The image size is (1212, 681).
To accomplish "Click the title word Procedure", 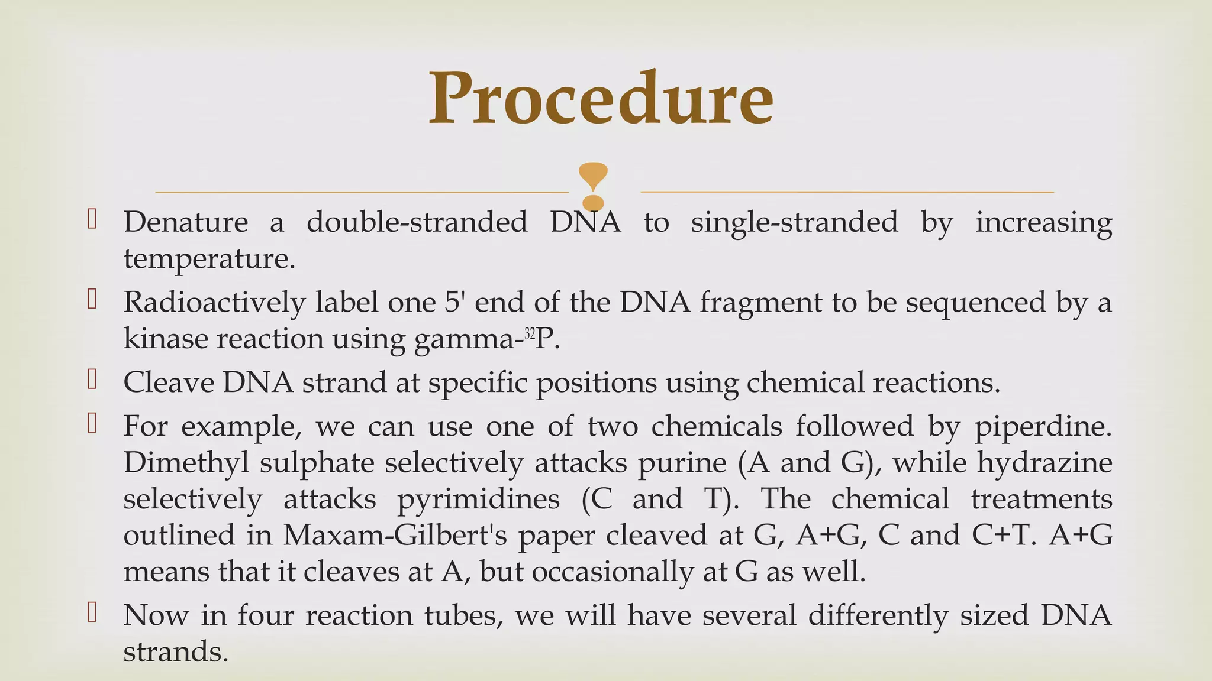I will [x=601, y=98].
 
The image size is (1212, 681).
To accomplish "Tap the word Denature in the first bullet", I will [x=185, y=222].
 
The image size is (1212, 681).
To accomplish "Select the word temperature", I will [x=208, y=258].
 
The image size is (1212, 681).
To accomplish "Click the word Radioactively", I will [x=214, y=302].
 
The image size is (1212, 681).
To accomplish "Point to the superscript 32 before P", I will [x=529, y=335].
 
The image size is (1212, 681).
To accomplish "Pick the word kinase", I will [x=165, y=339].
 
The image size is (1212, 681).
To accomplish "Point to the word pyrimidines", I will [x=478, y=499].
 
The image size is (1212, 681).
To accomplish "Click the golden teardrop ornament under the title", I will [x=593, y=177].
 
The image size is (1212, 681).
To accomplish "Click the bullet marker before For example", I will [x=92, y=424].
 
